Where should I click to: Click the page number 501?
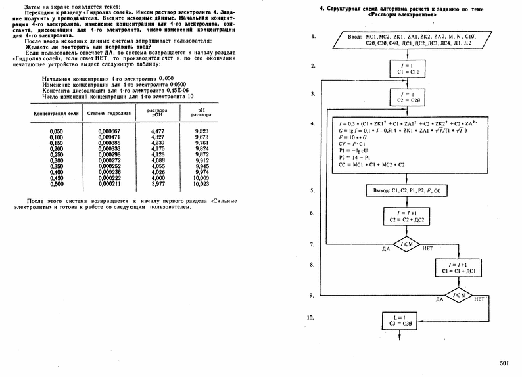tap(504, 363)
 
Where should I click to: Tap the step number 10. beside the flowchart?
tap(312, 317)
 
